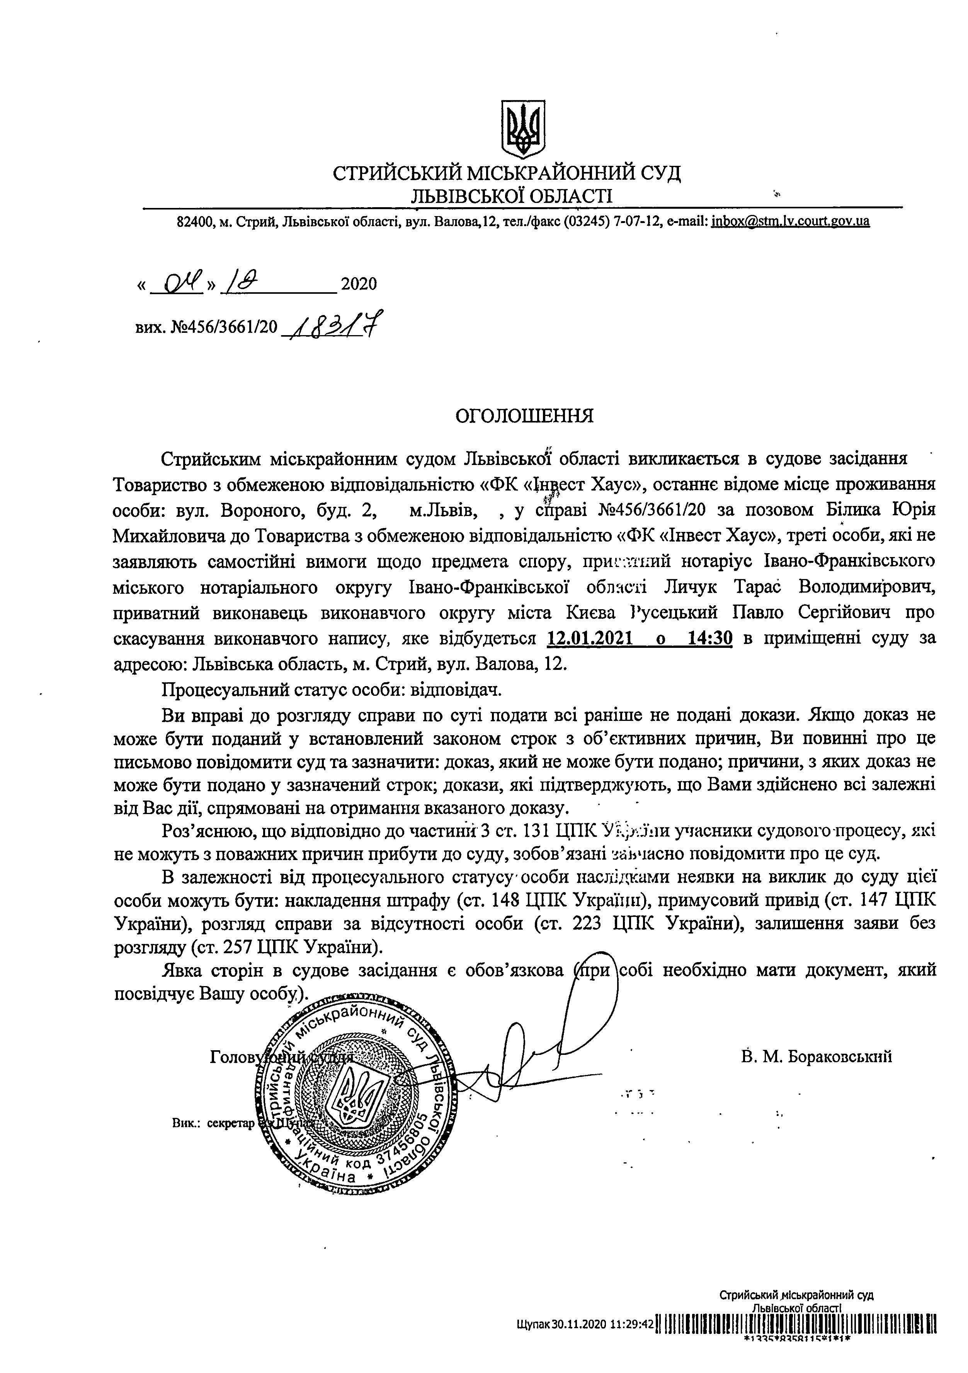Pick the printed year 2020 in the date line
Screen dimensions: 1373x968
point(359,283)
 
